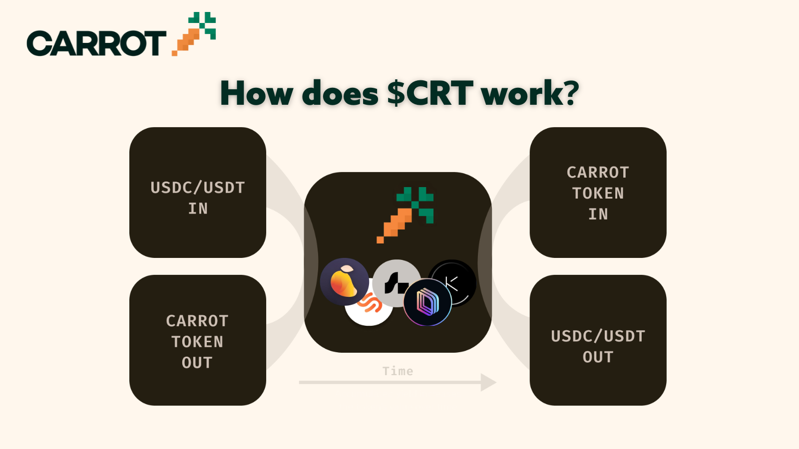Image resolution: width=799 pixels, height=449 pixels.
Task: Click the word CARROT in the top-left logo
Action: [x=96, y=43]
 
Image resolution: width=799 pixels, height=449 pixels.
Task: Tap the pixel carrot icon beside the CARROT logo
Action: [x=194, y=34]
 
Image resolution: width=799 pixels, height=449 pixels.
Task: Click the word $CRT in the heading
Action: [x=430, y=93]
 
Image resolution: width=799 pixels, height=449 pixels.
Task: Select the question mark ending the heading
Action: [x=570, y=92]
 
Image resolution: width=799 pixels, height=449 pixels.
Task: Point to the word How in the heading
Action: [x=257, y=93]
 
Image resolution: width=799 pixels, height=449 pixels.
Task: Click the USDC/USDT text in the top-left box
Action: [x=198, y=188]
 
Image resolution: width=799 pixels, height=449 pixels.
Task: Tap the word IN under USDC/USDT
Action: [x=198, y=209]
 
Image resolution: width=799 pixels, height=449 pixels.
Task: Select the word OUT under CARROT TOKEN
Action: [x=197, y=363]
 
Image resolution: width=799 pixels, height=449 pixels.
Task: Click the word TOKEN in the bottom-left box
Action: [x=197, y=342]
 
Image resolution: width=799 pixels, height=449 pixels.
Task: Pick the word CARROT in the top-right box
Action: [x=598, y=173]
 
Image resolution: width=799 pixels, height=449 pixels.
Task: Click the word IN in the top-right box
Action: [x=598, y=214]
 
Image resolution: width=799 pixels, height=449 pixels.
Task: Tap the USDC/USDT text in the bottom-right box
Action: [x=598, y=336]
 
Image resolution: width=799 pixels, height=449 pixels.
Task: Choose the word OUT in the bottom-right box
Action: [x=598, y=357]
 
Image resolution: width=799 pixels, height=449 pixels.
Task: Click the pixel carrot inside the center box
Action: [x=405, y=215]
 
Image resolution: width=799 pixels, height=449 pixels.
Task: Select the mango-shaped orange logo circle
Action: [x=344, y=282]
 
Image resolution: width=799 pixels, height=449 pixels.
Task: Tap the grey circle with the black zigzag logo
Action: [x=396, y=283]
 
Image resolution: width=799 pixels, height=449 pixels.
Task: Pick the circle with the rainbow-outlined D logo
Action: [x=427, y=302]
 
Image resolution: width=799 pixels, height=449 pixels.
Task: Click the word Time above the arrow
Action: [x=398, y=371]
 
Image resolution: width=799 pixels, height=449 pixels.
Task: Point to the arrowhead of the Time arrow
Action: [x=488, y=382]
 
